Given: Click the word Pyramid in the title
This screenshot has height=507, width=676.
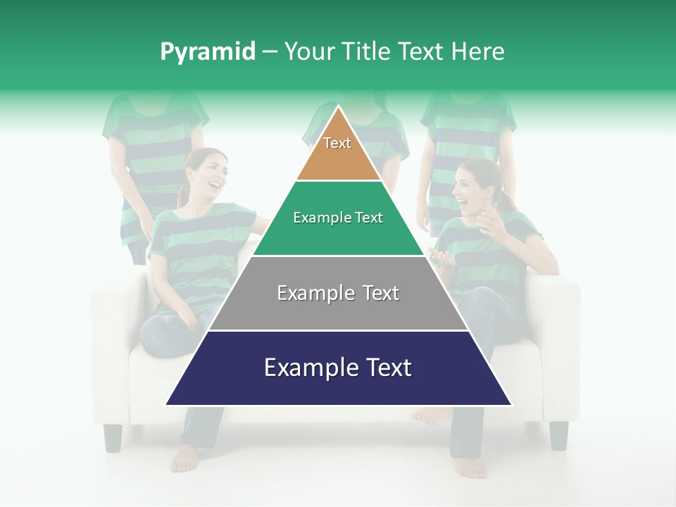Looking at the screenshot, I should [x=208, y=52].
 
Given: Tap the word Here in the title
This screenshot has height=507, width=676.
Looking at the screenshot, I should [x=478, y=51].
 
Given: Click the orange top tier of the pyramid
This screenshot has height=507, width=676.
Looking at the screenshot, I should [x=338, y=151].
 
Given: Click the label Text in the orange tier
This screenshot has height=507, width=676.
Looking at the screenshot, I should [x=337, y=143].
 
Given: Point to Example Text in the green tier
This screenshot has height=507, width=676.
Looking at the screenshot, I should [x=338, y=218].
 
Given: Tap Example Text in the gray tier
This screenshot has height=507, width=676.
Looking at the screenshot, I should [x=338, y=293].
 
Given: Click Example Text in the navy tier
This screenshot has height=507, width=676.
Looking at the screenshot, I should [x=338, y=368].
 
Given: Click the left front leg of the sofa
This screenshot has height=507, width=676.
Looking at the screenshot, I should [x=113, y=437].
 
